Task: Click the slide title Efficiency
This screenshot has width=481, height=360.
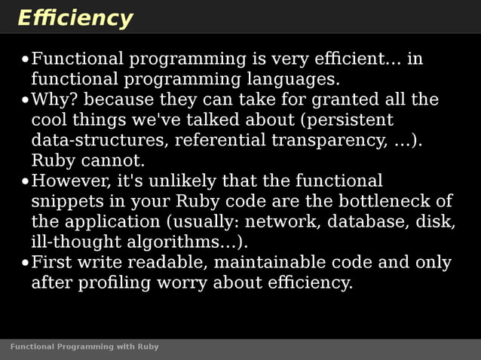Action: tap(75, 18)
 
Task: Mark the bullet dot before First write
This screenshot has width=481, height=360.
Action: tap(25, 264)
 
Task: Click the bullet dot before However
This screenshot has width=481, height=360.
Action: tap(25, 182)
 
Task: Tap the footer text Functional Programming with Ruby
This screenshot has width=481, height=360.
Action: tap(84, 346)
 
